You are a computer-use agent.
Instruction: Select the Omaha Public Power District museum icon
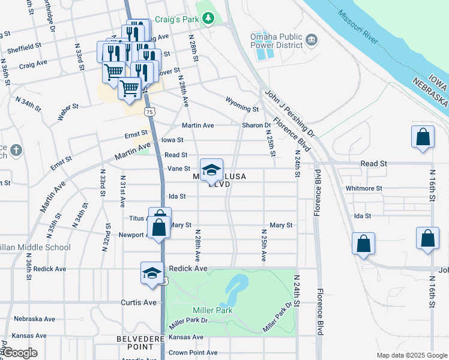[x=312, y=40]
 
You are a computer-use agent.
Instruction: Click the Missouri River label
[x=357, y=27]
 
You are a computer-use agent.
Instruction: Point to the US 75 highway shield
[x=149, y=112]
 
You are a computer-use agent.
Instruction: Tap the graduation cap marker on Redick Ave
[x=152, y=273]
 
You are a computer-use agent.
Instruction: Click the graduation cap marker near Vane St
[x=211, y=170]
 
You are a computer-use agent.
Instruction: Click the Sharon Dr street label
[x=256, y=125]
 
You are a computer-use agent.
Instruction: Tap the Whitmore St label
[x=364, y=188]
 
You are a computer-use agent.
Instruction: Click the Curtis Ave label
[x=139, y=302]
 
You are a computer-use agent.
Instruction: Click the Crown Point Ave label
[x=193, y=353]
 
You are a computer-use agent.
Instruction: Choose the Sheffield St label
[x=21, y=45]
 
